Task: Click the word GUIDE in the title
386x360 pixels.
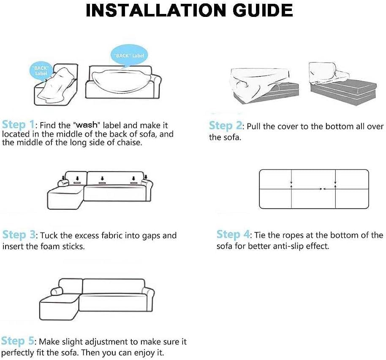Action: [x=263, y=10]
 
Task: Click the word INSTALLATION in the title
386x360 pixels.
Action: [x=155, y=10]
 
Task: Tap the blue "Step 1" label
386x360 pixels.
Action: [x=18, y=125]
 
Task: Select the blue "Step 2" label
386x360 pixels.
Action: [x=226, y=126]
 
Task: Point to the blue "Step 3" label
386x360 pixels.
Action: [x=19, y=235]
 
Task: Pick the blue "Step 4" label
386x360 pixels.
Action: [x=233, y=235]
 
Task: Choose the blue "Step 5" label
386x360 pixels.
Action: [x=17, y=341]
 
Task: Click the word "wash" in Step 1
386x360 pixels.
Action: [x=87, y=125]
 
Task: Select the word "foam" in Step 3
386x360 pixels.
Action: [x=50, y=246]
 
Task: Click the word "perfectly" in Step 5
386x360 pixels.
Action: [x=18, y=353]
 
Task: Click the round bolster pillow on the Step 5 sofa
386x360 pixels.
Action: [x=57, y=291]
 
